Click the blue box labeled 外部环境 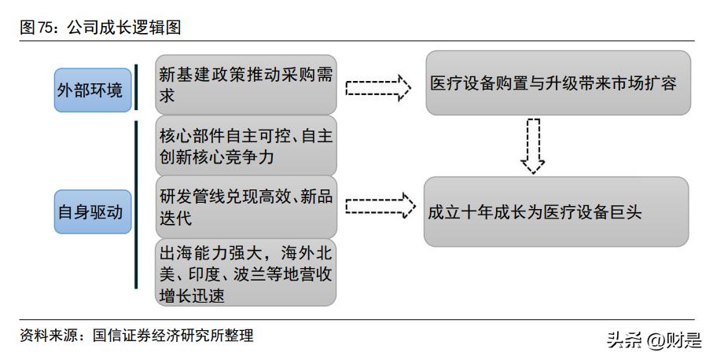tap(89, 90)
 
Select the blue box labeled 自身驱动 tap(89, 211)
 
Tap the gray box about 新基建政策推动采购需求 tap(245, 84)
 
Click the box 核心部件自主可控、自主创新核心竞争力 tap(245, 145)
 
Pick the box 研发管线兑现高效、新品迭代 tap(245, 207)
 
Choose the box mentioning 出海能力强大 tap(245, 274)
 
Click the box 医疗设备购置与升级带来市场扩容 tap(558, 83)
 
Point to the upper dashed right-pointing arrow tap(378, 86)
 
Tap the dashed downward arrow tap(532, 145)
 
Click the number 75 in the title tap(46, 28)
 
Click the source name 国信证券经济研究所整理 tap(173, 336)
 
